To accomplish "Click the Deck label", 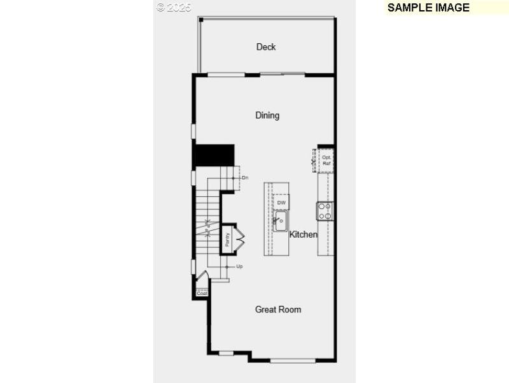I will click(x=266, y=47).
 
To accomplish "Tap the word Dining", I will click(x=267, y=115).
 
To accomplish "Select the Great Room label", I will click(x=278, y=310).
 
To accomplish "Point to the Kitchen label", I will click(x=303, y=235).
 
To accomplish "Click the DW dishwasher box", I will click(x=281, y=203).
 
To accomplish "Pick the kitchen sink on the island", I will click(x=281, y=221).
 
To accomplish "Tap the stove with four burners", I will click(x=325, y=211).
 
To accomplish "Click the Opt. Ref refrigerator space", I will click(x=326, y=160).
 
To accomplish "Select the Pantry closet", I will click(x=227, y=240).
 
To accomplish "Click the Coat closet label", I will click(x=202, y=293).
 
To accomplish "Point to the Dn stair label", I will click(x=244, y=177).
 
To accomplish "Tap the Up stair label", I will click(x=239, y=266).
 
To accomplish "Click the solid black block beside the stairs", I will click(x=214, y=155).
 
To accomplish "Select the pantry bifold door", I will click(x=240, y=239).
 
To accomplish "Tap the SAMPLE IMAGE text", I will click(x=428, y=8).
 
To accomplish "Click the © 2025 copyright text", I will click(x=174, y=7).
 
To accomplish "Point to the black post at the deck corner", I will click(x=201, y=20).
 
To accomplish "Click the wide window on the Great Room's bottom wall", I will click(x=293, y=361).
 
